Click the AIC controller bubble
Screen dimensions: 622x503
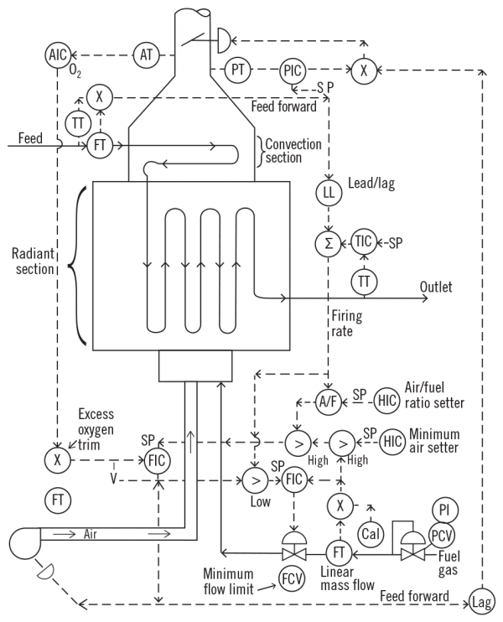pyautogui.click(x=56, y=55)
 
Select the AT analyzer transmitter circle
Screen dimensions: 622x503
pyautogui.click(x=146, y=55)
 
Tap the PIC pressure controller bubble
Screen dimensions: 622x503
pyautogui.click(x=293, y=71)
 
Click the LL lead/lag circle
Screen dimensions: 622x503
pyautogui.click(x=329, y=193)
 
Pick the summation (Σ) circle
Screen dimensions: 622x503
pyautogui.click(x=329, y=242)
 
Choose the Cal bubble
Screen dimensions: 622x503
pyautogui.click(x=371, y=533)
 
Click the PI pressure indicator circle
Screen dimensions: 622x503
pyautogui.click(x=444, y=509)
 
